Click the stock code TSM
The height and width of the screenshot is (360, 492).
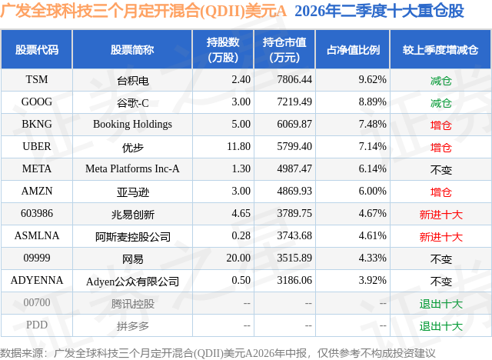(x=37, y=79)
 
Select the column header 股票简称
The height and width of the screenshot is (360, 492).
(x=132, y=49)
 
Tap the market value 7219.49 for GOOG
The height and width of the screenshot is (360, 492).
(x=294, y=102)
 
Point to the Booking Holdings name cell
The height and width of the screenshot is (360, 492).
(x=132, y=125)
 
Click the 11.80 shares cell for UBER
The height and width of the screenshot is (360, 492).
(x=238, y=146)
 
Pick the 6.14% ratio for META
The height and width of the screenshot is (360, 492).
(x=372, y=168)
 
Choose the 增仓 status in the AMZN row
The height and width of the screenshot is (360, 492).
(x=440, y=192)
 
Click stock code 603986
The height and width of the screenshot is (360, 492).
(x=37, y=213)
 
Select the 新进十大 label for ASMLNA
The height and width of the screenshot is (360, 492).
(x=440, y=237)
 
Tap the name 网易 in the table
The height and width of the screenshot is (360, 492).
(x=132, y=259)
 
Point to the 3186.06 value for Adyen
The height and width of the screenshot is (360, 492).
(x=294, y=280)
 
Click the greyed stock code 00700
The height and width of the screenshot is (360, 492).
(x=37, y=302)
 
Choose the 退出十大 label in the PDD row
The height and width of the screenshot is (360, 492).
(x=440, y=326)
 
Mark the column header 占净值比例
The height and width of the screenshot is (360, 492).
(x=353, y=49)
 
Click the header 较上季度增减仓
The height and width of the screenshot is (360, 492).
(x=440, y=49)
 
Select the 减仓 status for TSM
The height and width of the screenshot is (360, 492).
(x=440, y=81)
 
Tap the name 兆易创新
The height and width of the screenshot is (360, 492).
(x=132, y=215)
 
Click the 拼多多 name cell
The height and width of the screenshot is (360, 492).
(x=132, y=326)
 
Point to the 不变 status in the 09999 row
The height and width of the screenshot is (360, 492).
(x=440, y=259)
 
